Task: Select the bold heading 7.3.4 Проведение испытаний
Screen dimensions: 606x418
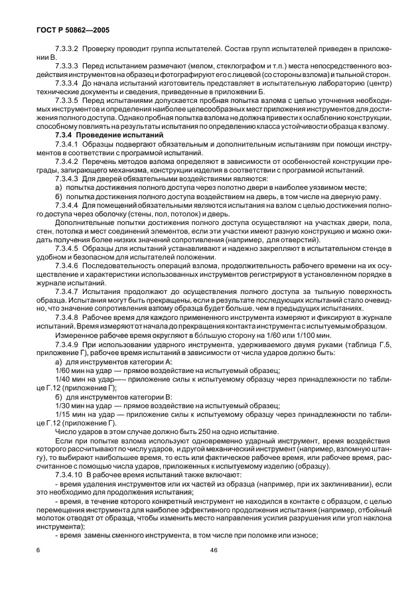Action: coord(100,135)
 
